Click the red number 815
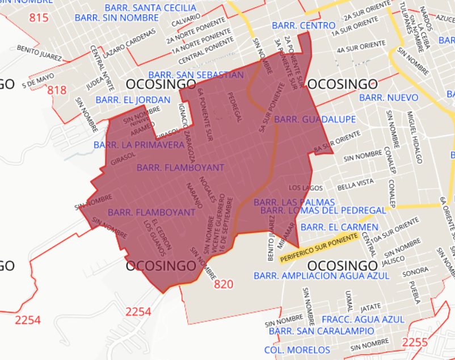(x=39, y=18)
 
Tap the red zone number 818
(x=57, y=90)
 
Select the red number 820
(x=224, y=284)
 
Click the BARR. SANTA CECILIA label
(x=151, y=8)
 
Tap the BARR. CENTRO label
(x=304, y=26)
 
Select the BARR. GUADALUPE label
(x=315, y=119)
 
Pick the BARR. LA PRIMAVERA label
(x=139, y=145)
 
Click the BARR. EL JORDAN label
(x=133, y=100)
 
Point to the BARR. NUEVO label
(x=389, y=98)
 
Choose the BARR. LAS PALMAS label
(x=294, y=202)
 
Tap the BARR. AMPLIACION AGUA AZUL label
(x=322, y=275)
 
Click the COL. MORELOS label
(x=297, y=350)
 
